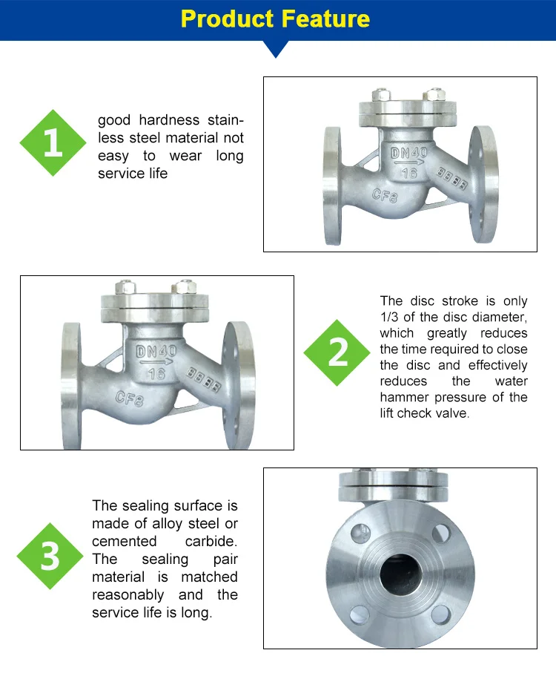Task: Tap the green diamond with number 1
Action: point(53,143)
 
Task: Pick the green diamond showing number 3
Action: point(50,555)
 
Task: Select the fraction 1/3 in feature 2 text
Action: point(391,317)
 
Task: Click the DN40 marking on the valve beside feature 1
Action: point(408,154)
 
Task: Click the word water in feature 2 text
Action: point(512,381)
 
